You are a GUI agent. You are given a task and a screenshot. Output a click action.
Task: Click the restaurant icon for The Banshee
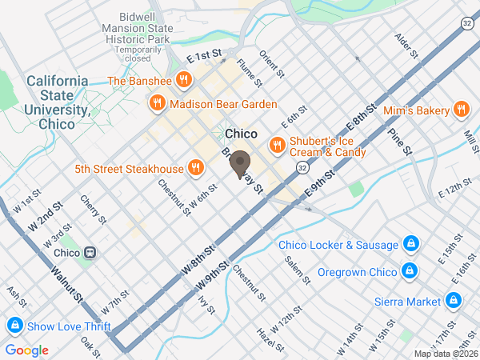click(184, 80)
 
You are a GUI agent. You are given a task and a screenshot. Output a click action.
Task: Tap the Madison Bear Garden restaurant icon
click(156, 103)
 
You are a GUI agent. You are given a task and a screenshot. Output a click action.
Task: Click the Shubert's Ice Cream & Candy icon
click(278, 145)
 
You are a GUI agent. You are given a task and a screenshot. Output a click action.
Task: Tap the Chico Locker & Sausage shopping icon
click(410, 243)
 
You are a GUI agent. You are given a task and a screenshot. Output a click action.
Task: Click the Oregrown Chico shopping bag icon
click(410, 270)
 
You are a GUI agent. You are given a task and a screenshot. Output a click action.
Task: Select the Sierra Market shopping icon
click(453, 301)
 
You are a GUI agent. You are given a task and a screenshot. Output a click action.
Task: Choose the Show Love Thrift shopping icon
click(14, 326)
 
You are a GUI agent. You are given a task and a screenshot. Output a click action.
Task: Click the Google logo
click(26, 350)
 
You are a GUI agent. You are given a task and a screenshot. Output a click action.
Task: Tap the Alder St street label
click(407, 47)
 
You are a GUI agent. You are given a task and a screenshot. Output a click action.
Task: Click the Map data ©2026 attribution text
click(445, 354)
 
